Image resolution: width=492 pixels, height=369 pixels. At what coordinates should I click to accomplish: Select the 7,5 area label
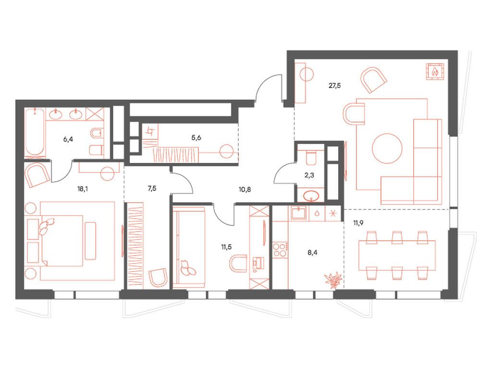(x=152, y=189)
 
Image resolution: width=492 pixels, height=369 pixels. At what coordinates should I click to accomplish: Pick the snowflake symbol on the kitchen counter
(x=333, y=212)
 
